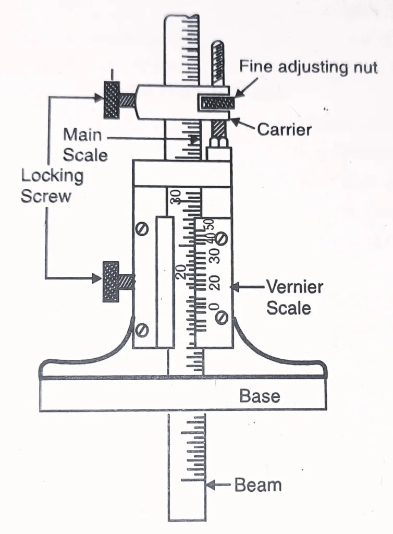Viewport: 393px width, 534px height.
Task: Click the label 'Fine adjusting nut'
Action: coord(308,67)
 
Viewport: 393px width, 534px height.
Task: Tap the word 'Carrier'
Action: coord(284,129)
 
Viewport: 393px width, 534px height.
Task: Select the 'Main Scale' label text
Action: coord(85,144)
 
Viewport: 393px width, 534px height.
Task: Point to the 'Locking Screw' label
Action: coord(52,186)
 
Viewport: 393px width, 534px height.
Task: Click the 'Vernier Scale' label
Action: coord(294,297)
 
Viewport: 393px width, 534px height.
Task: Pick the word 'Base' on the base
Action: coord(260,396)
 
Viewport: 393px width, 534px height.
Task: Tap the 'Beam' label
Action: coord(258,485)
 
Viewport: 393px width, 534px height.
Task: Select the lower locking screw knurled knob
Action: coord(110,281)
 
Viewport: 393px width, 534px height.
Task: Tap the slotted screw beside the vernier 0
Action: coord(222,317)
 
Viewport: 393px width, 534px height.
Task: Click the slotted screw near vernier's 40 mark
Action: coord(221,239)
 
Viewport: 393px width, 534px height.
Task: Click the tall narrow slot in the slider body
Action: coord(164,282)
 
